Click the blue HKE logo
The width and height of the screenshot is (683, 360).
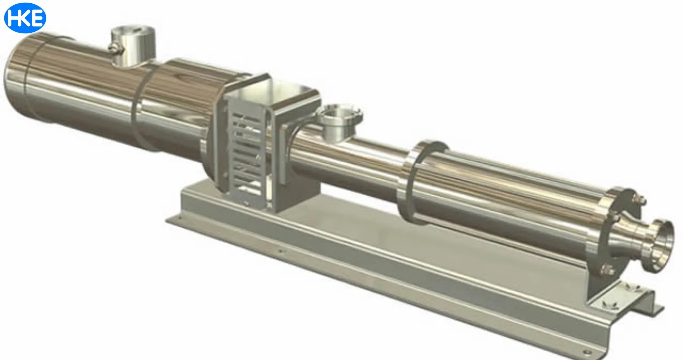point(25,18)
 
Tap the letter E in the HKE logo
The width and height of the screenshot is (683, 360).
point(38,18)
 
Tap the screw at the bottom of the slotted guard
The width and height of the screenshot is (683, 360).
point(246,202)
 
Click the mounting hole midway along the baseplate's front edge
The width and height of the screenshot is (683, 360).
point(281,251)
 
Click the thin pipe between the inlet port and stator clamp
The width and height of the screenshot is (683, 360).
point(374,157)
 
